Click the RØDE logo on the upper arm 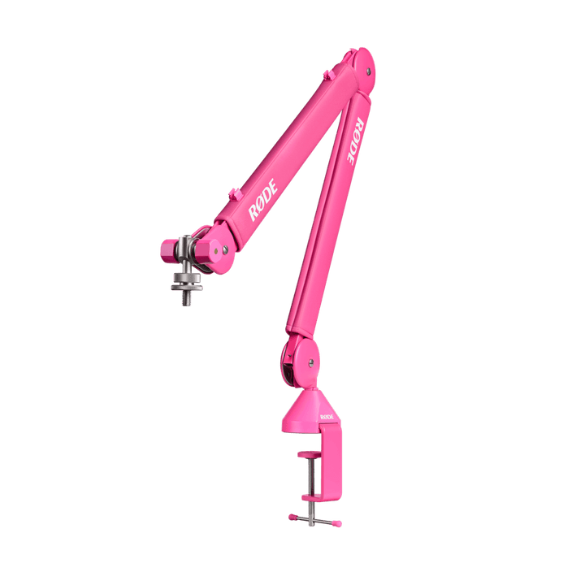coord(263,200)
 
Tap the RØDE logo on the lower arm coord(355,141)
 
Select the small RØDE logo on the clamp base coord(327,417)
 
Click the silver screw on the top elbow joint coord(368,71)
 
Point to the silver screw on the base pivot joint coord(310,362)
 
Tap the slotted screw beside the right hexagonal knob coord(225,249)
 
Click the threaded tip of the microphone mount coord(187,298)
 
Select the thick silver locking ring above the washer coord(187,278)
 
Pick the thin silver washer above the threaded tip coord(187,288)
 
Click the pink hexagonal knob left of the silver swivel coord(169,251)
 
